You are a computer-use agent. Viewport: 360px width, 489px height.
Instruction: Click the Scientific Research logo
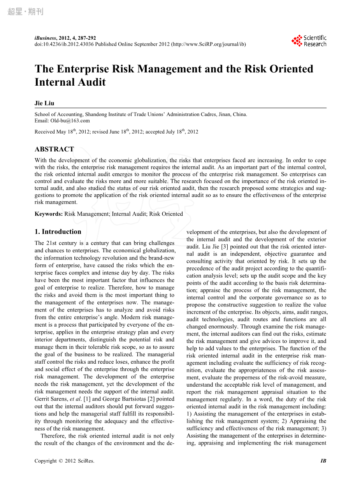pyautogui.click(x=309, y=41)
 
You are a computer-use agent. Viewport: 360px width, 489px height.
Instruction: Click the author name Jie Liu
pyautogui.click(x=44, y=103)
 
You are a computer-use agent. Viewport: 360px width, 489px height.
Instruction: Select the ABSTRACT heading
pyautogui.click(x=54, y=149)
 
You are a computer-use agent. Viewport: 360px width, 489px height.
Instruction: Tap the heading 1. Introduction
pyautogui.click(x=58, y=232)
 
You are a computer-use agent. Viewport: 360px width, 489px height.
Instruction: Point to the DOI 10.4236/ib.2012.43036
pyautogui.click(x=64, y=44)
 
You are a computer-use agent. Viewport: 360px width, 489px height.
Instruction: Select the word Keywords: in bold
pyautogui.click(x=49, y=214)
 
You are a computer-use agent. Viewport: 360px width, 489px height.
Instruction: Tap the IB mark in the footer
pyautogui.click(x=323, y=461)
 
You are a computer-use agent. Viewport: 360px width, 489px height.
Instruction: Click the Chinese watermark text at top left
pyautogui.click(x=25, y=12)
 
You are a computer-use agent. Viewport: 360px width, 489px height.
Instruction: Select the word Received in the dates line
pyautogui.click(x=45, y=132)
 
